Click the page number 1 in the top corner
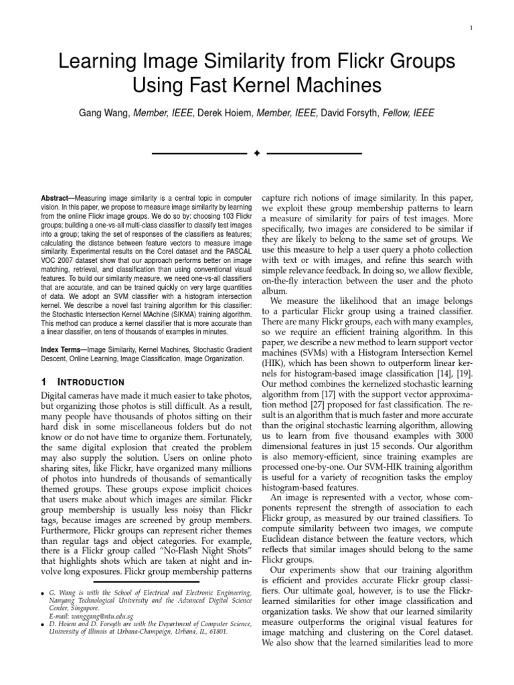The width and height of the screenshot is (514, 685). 472,27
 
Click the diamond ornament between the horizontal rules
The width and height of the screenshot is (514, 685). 256,154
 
